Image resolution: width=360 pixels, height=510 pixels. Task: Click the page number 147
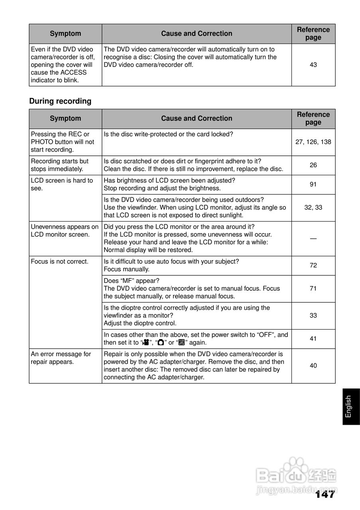[x=325, y=494]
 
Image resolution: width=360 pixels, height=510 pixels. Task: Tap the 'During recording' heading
[x=60, y=101]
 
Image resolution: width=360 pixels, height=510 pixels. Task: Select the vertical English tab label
[x=349, y=406]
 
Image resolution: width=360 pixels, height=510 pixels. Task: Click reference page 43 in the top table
[x=313, y=65]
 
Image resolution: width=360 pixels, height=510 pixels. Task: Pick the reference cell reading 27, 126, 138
[x=313, y=142]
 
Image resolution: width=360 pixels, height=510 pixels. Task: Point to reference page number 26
[x=313, y=165]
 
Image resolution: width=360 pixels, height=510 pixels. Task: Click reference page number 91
[x=313, y=184]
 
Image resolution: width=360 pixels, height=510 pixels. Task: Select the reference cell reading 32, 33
[x=313, y=208]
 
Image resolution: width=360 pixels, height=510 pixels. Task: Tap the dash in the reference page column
[x=313, y=238]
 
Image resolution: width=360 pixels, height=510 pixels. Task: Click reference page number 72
[x=313, y=265]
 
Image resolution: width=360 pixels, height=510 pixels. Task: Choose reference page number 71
[x=313, y=288]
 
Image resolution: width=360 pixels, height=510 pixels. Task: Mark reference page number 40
[x=313, y=366]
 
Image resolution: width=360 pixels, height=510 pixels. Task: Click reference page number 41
[x=313, y=339]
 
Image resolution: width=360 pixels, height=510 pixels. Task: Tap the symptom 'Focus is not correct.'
[x=59, y=261]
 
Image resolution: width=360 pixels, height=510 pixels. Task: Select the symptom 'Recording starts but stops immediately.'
[x=60, y=165]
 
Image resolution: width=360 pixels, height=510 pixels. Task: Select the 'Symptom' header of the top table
[x=65, y=34]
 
